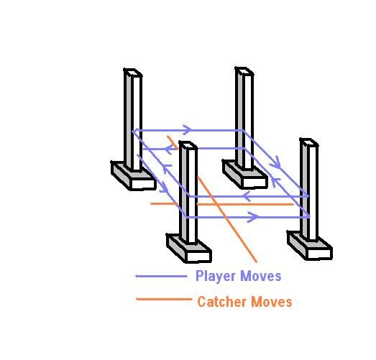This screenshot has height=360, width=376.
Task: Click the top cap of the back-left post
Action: pyautogui.click(x=133, y=73)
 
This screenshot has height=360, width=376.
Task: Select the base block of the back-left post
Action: pyautogui.click(x=134, y=176)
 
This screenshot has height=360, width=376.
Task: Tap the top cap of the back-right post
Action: pyautogui.click(x=244, y=71)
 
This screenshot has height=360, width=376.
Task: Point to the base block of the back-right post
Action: pyautogui.click(x=245, y=175)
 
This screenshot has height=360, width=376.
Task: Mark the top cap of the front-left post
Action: pyautogui.click(x=188, y=145)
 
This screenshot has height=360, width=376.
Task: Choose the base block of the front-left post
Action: pyautogui.click(x=189, y=249)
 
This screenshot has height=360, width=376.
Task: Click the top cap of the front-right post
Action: pyautogui.click(x=309, y=142)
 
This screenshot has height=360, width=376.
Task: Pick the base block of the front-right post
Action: pyautogui.click(x=310, y=246)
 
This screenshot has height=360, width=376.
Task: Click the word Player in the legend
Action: pyautogui.click(x=216, y=276)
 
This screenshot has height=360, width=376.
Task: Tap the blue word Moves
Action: pyautogui.click(x=261, y=276)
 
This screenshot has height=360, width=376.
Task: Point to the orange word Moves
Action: pyautogui.click(x=272, y=302)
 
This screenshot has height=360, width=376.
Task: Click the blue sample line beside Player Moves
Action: pyautogui.click(x=161, y=276)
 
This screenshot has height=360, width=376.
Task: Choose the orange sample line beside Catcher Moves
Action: pyautogui.click(x=164, y=299)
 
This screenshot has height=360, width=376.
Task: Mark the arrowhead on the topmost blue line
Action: pyautogui.click(x=188, y=130)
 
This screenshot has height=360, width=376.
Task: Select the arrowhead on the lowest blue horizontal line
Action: pyautogui.click(x=253, y=217)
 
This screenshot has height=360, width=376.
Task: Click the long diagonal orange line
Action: pyautogui.click(x=227, y=219)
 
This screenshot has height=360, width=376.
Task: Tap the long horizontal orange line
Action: pyautogui.click(x=222, y=204)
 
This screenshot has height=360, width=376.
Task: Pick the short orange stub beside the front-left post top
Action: pyautogui.click(x=173, y=142)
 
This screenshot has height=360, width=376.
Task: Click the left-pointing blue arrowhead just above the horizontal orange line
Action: pyautogui.click(x=247, y=196)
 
